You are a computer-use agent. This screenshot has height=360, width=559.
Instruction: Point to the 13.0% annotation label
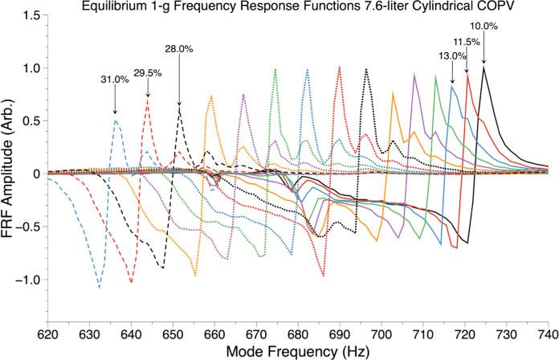pos(451,56)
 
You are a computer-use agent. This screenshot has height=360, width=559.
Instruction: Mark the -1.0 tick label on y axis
pos(26,280)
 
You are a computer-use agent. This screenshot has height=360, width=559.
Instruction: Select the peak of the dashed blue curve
pos(116,121)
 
